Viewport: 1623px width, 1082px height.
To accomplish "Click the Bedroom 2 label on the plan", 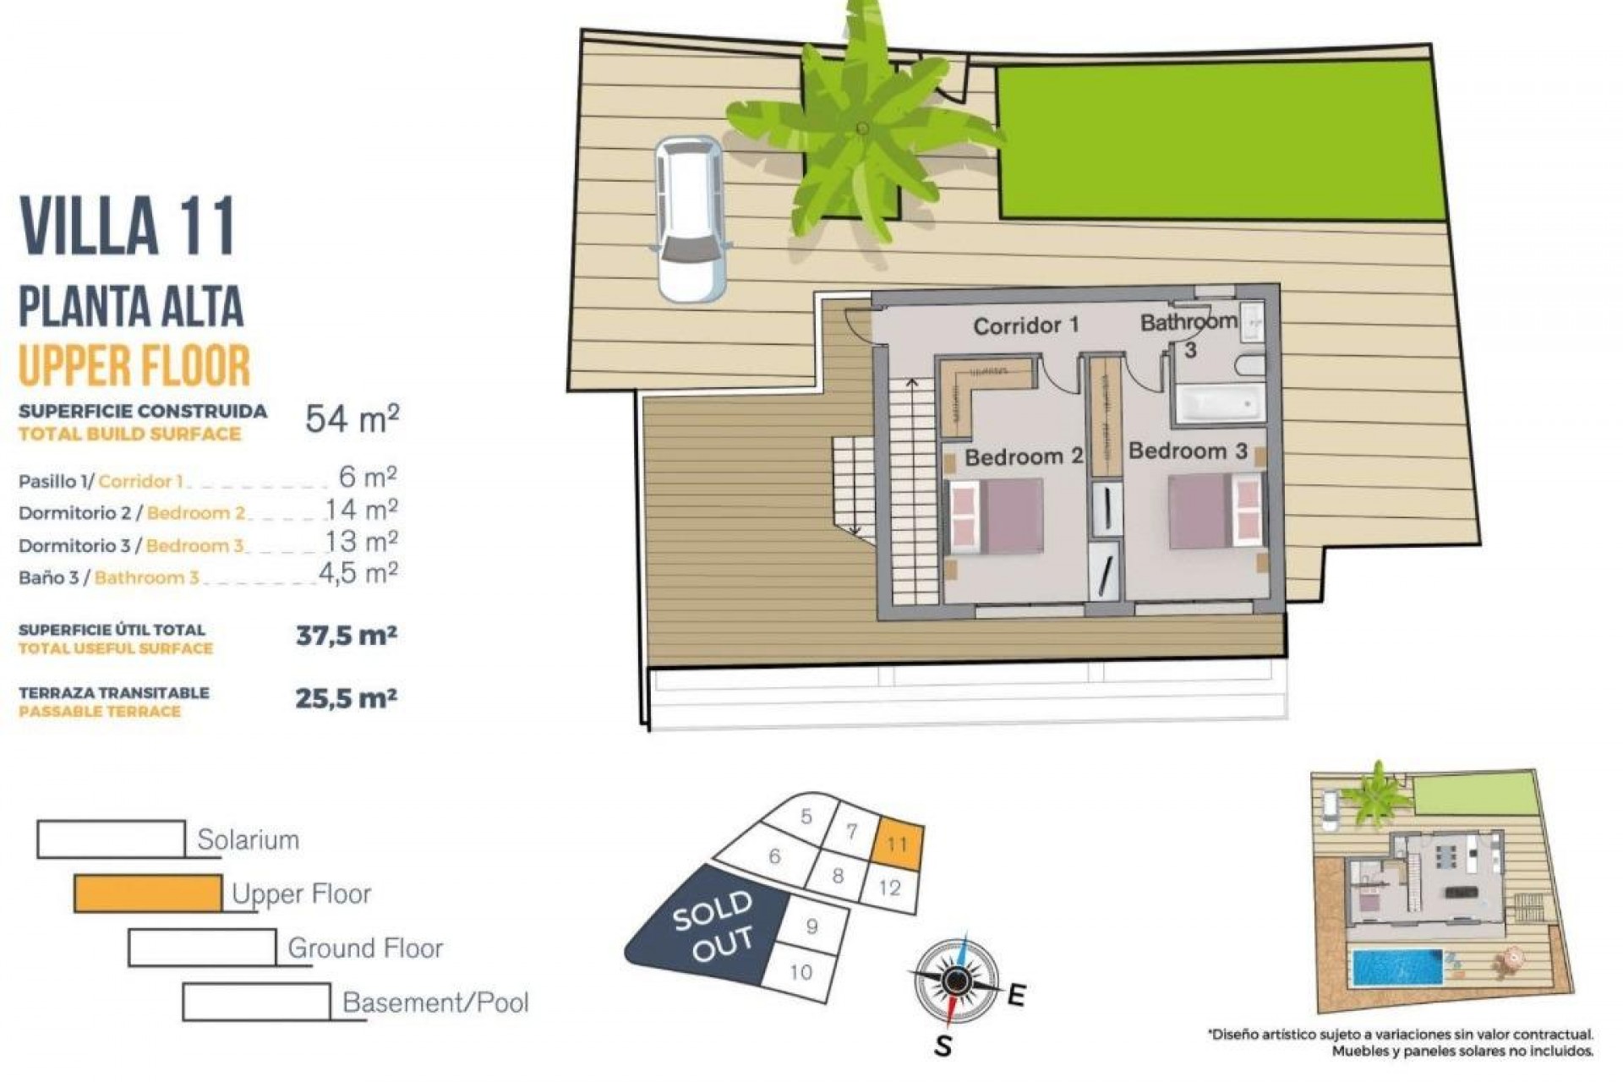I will pyautogui.click(x=1024, y=457).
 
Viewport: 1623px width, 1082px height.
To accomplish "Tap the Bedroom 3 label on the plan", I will pyautogui.click(x=1188, y=451).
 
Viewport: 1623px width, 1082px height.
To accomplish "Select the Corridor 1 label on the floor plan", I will pyautogui.click(x=1026, y=325).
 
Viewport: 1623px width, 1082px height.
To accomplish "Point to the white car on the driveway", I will pyautogui.click(x=691, y=219).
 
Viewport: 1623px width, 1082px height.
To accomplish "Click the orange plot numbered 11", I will pyautogui.click(x=897, y=844).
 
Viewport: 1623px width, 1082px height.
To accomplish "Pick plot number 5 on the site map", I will pyautogui.click(x=806, y=817).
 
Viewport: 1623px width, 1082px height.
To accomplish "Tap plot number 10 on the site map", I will pyautogui.click(x=801, y=972).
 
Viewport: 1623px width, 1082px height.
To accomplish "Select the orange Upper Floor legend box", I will pyautogui.click(x=149, y=893).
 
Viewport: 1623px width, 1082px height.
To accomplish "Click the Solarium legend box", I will pyautogui.click(x=111, y=839).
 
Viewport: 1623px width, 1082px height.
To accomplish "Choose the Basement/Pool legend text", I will pyautogui.click(x=435, y=1003).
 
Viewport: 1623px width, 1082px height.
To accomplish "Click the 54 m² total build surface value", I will pyautogui.click(x=352, y=418).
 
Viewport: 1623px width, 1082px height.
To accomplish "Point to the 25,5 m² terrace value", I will pyautogui.click(x=346, y=699).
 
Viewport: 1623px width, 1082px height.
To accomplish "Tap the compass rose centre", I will pyautogui.click(x=956, y=981).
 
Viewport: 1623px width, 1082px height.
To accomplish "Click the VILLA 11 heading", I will pyautogui.click(x=127, y=226).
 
